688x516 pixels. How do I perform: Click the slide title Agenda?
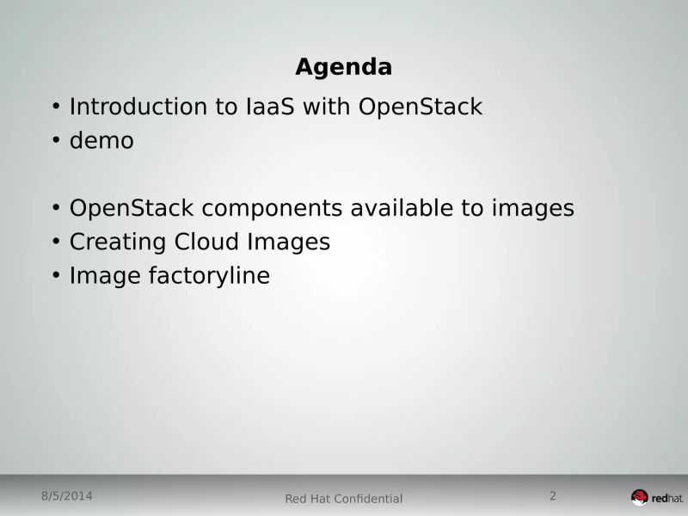tap(343, 66)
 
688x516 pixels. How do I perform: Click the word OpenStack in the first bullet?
tap(421, 107)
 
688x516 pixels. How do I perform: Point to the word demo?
tap(101, 140)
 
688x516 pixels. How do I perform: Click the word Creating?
tap(118, 242)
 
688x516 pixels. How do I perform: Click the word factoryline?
tap(215, 276)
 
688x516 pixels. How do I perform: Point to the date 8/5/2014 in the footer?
tap(66, 496)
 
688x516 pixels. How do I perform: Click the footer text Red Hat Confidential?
tap(343, 499)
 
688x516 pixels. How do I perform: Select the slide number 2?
tap(552, 496)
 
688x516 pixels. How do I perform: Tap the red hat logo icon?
tap(639, 497)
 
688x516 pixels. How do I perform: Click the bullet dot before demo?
tap(56, 140)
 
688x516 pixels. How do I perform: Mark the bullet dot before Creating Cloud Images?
tap(56, 242)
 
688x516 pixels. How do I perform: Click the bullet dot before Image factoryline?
tap(56, 275)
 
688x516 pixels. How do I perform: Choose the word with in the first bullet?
tap(325, 107)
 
